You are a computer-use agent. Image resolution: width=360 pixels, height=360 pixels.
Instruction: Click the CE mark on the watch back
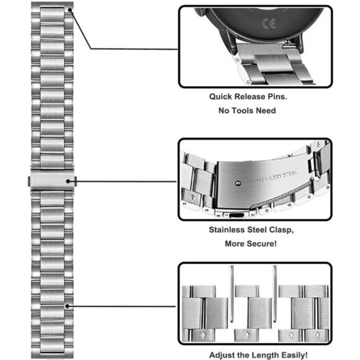pos(269,24)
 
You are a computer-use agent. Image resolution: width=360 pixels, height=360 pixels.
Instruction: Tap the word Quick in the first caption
pos(220,97)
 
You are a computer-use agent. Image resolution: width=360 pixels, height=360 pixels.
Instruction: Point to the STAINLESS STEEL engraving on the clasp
pos(276,177)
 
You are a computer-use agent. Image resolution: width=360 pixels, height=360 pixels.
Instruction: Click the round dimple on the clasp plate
pos(238,183)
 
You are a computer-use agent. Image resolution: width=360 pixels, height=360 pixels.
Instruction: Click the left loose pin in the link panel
pos(232,294)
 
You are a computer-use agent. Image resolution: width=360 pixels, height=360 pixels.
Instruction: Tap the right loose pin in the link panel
pos(275,294)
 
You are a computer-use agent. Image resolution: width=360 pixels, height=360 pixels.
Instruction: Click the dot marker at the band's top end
pos(70,10)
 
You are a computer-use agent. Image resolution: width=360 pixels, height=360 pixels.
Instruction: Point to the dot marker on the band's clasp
pos(68,181)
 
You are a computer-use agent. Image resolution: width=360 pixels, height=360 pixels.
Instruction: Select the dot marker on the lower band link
pos(67,306)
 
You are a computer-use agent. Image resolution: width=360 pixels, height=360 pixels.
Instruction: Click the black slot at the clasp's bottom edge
pos(236,215)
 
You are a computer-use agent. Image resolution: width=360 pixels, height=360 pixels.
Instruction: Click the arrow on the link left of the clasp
pos(192,197)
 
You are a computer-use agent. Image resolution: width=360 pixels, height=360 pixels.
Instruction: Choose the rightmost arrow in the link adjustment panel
pos(317,335)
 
